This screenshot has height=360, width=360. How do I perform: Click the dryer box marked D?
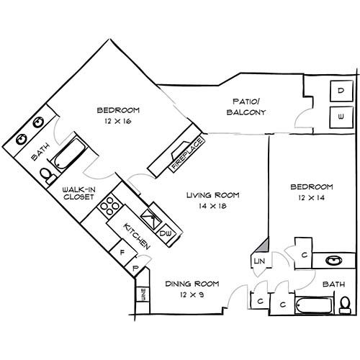[341, 91]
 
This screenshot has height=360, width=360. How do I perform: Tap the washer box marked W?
[341, 117]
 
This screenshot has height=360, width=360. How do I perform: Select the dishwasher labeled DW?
[166, 233]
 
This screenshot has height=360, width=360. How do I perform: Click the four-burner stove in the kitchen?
[109, 206]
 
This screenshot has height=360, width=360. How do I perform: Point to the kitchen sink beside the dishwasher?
[151, 219]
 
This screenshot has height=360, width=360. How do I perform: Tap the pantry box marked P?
[136, 268]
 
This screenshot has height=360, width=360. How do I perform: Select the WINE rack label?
[143, 294]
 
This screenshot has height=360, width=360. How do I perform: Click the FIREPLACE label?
[188, 154]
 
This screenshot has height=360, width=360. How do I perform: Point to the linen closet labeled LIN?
[260, 261]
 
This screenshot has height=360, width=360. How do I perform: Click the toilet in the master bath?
[48, 176]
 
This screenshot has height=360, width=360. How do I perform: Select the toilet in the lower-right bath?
[345, 305]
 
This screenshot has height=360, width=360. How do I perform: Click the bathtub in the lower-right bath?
[314, 305]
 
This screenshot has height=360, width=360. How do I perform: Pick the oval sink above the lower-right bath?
[333, 261]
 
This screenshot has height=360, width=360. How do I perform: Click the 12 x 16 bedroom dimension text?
[118, 121]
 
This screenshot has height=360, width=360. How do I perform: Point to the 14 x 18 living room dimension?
[212, 206]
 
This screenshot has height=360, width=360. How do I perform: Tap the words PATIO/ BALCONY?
[246, 107]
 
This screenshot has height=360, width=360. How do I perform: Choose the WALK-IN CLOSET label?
[78, 194]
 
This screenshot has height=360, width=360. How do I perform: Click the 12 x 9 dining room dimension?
[192, 294]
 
